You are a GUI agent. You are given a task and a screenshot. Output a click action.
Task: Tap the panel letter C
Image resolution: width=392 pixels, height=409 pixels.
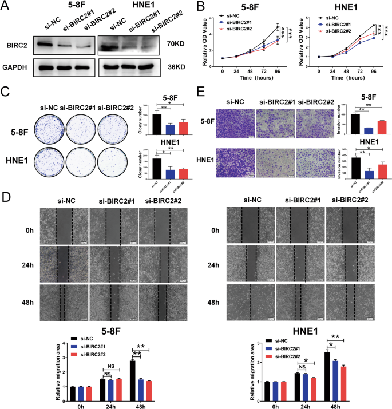[6, 91]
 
